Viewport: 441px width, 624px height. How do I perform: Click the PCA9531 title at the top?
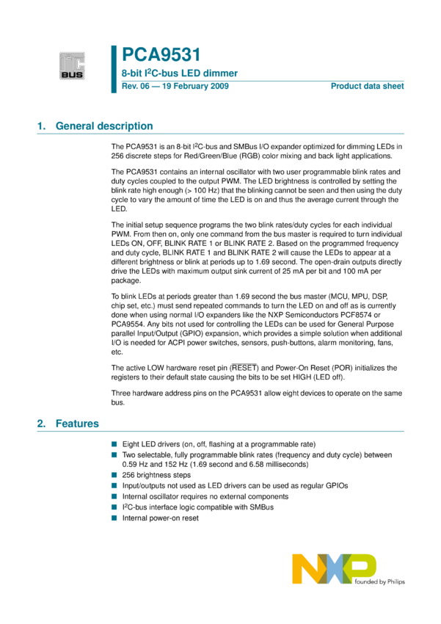coord(160,55)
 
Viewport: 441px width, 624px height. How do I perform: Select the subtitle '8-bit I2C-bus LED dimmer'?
coord(173,74)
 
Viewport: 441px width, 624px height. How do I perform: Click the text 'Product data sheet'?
coord(367,87)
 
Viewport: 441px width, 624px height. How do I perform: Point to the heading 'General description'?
coord(104,126)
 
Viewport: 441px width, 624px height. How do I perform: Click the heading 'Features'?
coord(77,424)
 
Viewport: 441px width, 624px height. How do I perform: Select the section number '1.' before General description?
coord(42,126)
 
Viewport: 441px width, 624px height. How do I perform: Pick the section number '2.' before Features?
coord(42,424)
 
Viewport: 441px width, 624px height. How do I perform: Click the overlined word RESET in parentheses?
coord(244,368)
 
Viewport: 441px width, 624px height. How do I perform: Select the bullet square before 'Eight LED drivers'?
coord(114,444)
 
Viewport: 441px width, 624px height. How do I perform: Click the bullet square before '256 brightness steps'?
coord(114,475)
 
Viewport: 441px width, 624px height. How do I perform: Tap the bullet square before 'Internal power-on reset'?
coord(114,518)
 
